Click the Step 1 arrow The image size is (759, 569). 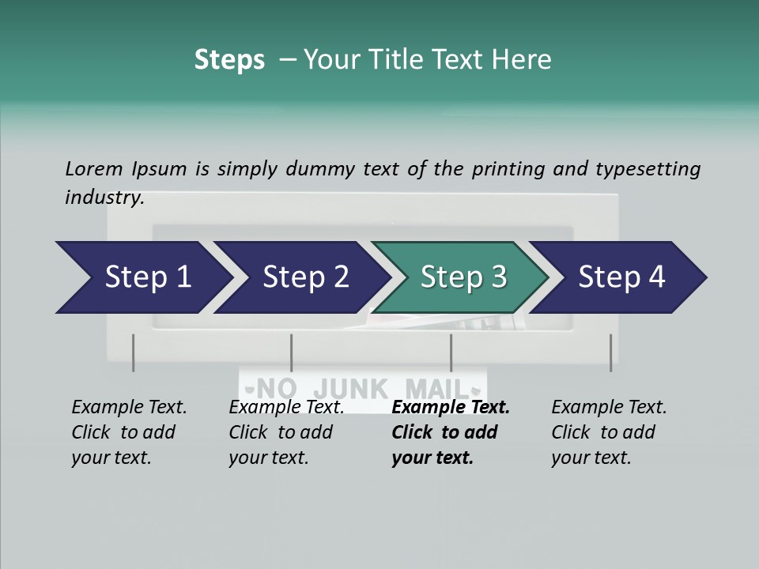click(x=142, y=277)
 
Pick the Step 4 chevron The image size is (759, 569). click(x=621, y=277)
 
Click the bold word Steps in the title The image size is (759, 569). click(x=229, y=60)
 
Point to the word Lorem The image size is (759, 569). click(x=94, y=168)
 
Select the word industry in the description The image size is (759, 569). click(x=104, y=198)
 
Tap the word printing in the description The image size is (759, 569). click(x=507, y=168)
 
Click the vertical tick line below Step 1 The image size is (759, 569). click(x=133, y=352)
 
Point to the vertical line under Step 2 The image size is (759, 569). click(x=292, y=352)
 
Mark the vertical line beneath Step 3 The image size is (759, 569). click(x=451, y=352)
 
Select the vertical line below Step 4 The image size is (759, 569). click(x=610, y=352)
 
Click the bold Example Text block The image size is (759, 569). click(x=449, y=432)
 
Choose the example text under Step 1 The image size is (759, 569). click(x=128, y=432)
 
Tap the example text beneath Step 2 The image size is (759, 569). click(x=285, y=432)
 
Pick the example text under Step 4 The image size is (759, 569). click(x=608, y=432)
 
